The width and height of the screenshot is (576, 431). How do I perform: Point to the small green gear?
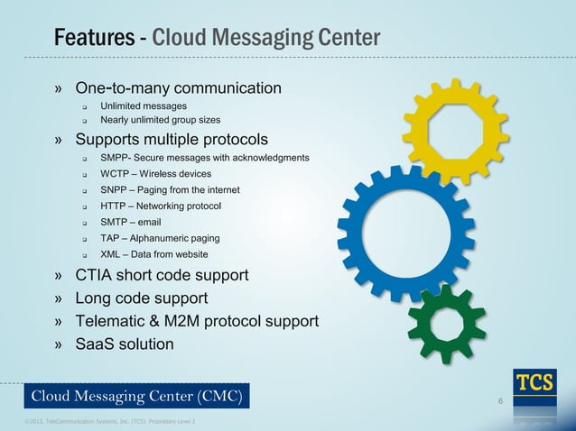click(x=447, y=320)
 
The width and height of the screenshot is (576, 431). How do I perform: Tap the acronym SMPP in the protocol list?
click(x=116, y=157)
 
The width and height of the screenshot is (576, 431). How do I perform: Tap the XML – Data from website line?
click(x=153, y=254)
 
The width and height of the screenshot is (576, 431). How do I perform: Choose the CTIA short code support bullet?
click(x=162, y=274)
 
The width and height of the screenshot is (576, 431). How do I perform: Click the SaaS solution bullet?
click(x=125, y=344)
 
